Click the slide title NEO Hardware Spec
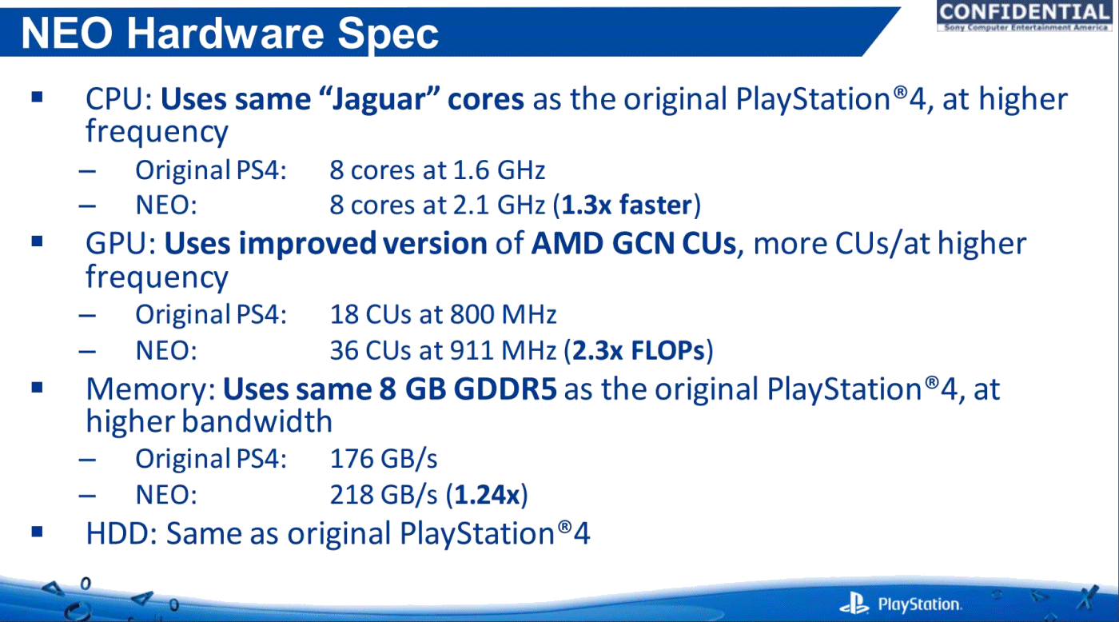tap(230, 33)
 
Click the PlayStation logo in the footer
tap(900, 603)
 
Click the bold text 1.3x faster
tap(627, 205)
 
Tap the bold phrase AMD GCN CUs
tap(633, 243)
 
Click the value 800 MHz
tap(503, 314)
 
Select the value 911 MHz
tap(503, 349)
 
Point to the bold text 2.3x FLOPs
tap(638, 349)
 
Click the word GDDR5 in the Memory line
tap(505, 389)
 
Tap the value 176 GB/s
tap(384, 459)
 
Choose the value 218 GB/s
tap(384, 495)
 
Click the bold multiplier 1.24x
tap(487, 495)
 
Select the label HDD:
tap(121, 533)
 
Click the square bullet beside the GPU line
tap(37, 241)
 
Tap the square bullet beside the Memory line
tap(37, 387)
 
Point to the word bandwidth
tap(257, 421)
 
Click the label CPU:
tap(119, 98)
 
